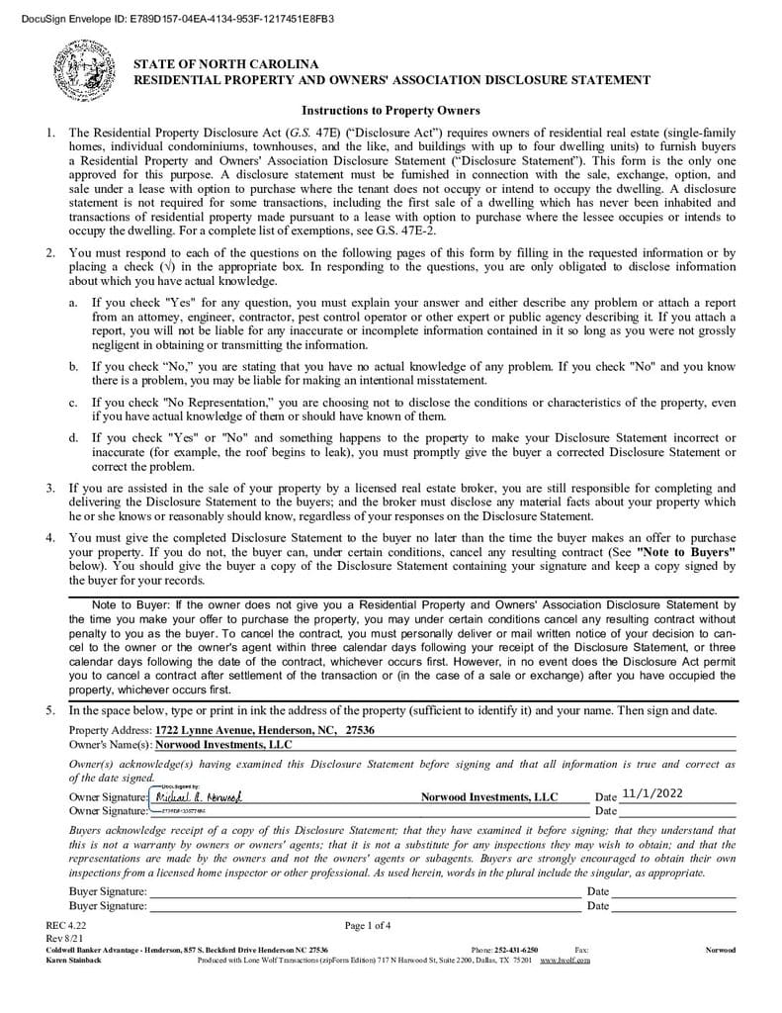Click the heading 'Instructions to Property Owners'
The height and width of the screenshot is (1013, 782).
(391, 110)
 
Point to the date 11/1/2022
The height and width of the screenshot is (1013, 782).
(659, 793)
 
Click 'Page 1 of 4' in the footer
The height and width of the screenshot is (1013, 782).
(368, 926)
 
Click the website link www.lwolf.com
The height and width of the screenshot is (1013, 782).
(565, 960)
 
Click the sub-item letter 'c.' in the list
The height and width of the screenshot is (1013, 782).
(73, 403)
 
